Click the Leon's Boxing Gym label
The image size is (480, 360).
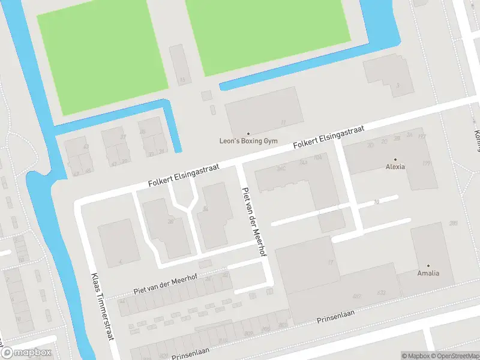coord(248,141)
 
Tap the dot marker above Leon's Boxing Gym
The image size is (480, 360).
coord(248,134)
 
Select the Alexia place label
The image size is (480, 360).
coord(395,167)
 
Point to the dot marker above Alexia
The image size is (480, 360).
coord(395,160)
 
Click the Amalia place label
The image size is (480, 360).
coord(428,273)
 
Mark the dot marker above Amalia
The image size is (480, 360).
coord(428,265)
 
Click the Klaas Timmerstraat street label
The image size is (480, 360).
coord(101,307)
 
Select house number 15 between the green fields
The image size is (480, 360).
coord(182,80)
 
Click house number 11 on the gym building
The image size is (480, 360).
coord(283,122)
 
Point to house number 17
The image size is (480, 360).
coord(330,262)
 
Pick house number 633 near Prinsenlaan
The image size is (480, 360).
coord(381,293)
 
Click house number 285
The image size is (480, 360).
coord(453,223)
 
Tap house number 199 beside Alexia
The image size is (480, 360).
coord(427,163)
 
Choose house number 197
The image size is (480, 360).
coord(422,137)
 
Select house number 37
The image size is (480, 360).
coord(123,137)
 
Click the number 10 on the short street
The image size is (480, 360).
coord(376,202)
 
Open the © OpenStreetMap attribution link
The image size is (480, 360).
coord(454,356)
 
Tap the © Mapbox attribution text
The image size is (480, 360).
coord(416,356)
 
